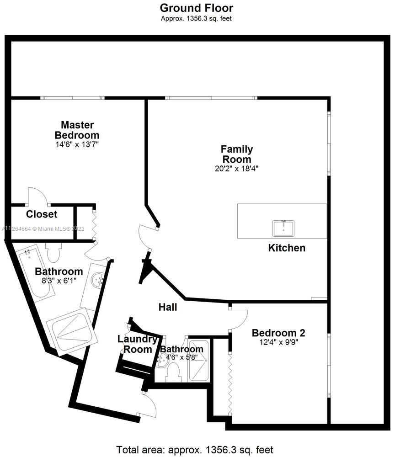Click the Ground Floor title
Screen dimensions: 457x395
coord(197,8)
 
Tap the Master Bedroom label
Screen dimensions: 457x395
coord(77,130)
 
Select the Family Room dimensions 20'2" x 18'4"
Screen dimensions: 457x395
coord(236,168)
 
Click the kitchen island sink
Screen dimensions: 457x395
coord(283,228)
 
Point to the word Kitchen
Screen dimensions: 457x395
coord(286,248)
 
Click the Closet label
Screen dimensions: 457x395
coord(42,214)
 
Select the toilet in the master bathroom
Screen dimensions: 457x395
coord(54,251)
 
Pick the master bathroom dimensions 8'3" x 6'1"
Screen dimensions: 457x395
coord(59,280)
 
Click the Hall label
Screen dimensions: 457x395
coord(168,307)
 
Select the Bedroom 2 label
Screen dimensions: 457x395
coord(278,333)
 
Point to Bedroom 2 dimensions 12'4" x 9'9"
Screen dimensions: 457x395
coord(278,341)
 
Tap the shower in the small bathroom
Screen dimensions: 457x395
coord(198,361)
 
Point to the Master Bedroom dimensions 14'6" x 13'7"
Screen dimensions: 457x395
coord(77,144)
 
